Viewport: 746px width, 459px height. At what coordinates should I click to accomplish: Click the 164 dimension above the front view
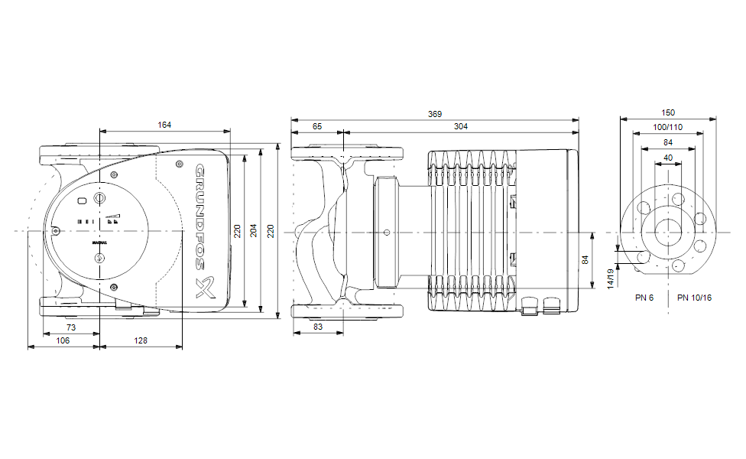164,125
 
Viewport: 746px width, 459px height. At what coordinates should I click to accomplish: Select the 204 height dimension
253,230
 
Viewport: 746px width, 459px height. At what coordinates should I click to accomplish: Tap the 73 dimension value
71,327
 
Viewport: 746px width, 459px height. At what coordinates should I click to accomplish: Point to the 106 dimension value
63,340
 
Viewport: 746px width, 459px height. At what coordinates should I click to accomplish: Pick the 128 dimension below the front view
141,340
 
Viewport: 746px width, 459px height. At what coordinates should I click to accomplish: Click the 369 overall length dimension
434,114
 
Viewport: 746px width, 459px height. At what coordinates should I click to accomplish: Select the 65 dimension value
317,126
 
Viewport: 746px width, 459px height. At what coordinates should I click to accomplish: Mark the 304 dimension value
460,126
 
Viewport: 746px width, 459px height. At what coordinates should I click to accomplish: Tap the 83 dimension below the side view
317,327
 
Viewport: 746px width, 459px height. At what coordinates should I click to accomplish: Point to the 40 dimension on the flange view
668,158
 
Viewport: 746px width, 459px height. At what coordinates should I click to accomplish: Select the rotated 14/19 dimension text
611,278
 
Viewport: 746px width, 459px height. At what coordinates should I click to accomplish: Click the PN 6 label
644,297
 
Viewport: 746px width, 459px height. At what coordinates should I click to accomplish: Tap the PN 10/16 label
694,297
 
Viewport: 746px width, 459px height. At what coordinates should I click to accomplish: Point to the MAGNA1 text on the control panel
99,242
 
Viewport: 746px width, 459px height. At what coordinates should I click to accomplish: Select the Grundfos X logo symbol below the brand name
205,287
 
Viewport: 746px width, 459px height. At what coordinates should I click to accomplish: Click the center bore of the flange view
669,231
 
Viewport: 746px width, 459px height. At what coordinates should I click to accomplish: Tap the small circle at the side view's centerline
387,232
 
